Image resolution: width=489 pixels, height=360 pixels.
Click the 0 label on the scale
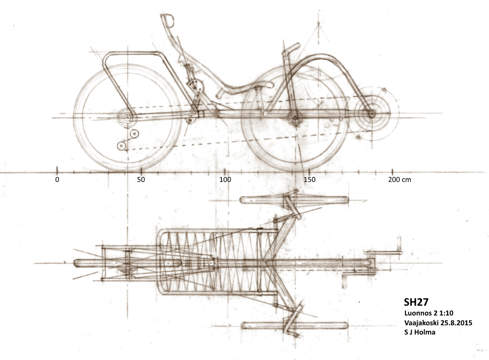57,180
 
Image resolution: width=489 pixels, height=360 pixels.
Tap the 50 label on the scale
141,180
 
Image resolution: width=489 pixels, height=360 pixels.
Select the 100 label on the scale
225,180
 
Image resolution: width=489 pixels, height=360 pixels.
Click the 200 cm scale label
400,180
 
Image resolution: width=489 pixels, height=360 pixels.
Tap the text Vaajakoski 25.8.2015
437,323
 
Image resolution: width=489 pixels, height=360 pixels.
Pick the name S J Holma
420,333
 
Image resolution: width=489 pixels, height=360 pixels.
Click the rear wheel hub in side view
127,117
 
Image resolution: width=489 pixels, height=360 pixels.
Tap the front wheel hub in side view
294,117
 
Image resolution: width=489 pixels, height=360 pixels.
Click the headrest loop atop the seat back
168,20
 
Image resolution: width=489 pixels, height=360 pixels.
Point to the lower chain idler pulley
121,145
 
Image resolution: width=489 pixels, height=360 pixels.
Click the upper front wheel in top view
294,200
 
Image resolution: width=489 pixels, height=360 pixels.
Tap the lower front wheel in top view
294,325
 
